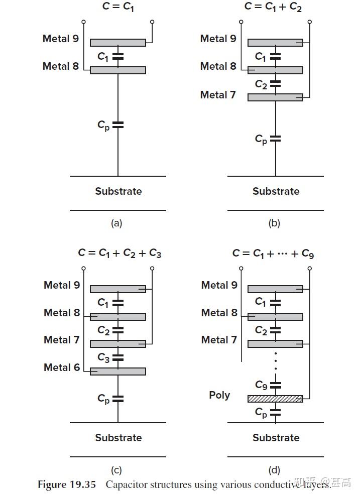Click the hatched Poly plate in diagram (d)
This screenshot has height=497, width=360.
point(275,399)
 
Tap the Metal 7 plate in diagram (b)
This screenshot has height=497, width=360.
point(275,97)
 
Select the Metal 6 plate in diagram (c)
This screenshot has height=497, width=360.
point(118,371)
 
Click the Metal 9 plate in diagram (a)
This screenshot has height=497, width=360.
point(118,43)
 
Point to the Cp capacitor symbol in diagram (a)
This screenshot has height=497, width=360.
point(118,125)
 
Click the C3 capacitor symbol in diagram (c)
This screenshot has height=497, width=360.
point(118,357)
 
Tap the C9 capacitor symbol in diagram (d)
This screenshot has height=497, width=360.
point(275,385)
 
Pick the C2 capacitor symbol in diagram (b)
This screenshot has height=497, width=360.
point(275,84)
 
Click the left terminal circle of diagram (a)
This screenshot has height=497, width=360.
point(84,22)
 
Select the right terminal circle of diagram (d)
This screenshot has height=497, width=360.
point(310,269)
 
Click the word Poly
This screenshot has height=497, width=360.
point(219,395)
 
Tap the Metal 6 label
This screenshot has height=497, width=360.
point(62,367)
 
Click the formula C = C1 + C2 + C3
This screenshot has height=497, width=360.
point(120,253)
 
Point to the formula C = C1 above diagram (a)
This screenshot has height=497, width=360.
point(118,7)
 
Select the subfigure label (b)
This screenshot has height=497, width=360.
point(274,223)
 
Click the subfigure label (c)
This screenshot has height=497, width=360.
point(116,470)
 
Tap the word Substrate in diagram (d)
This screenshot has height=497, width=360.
point(276,438)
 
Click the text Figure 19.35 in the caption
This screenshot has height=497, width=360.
point(67,484)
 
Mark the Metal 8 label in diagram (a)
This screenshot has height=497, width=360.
point(61,66)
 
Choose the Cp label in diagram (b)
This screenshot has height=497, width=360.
point(261,139)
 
